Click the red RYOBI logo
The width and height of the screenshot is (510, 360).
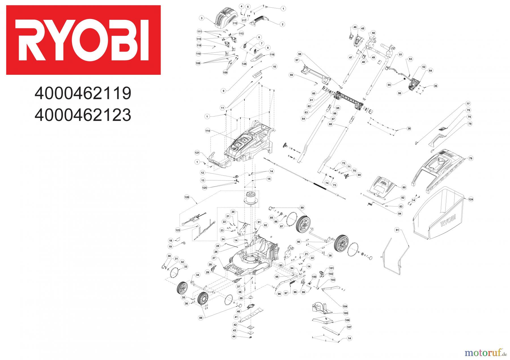click(83, 40)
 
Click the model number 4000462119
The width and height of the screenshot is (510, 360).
click(82, 93)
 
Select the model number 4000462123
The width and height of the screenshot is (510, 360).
click(82, 115)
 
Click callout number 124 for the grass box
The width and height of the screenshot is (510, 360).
click(471, 200)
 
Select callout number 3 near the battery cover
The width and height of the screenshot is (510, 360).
click(201, 18)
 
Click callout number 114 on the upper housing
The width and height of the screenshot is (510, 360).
click(208, 131)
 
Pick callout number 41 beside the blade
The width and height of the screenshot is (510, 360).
click(236, 317)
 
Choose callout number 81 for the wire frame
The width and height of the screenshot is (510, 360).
click(397, 230)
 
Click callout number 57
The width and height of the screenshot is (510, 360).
click(297, 60)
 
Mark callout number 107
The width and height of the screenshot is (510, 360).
click(349, 327)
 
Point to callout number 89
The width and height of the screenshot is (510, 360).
click(302, 208)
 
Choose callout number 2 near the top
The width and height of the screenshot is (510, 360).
click(282, 24)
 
